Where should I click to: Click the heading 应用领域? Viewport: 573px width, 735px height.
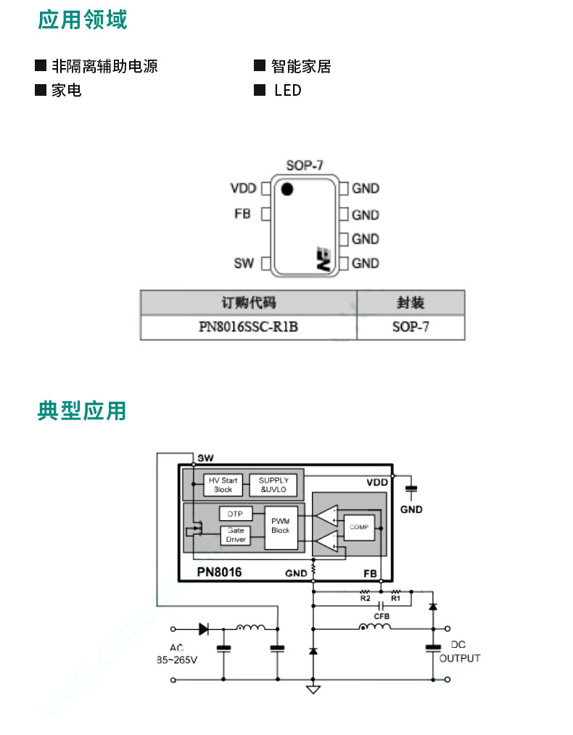point(83,20)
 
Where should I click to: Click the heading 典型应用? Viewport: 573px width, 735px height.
point(82,411)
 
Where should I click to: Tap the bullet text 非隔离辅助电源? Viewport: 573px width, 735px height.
point(105,66)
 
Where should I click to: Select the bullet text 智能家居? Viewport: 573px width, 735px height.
point(301,66)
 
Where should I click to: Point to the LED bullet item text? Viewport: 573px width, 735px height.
point(288,90)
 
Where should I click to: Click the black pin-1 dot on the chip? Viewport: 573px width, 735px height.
point(287,189)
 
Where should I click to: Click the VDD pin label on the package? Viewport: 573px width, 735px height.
point(244,189)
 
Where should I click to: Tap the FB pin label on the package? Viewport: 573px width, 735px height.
point(243,214)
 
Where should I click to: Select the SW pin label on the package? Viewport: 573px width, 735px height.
point(244,263)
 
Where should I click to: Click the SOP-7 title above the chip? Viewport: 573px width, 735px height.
point(305,165)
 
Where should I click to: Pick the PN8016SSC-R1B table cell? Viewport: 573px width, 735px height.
point(248,327)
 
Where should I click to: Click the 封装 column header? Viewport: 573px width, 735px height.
point(411,303)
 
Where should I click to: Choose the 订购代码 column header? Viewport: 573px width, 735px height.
point(248,303)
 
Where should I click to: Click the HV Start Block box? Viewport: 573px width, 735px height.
point(223,485)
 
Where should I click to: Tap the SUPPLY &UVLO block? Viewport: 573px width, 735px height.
point(273,485)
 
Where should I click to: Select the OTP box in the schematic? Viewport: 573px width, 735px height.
point(236,514)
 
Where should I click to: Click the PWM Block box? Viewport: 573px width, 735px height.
point(281,527)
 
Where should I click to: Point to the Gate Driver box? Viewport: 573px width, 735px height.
point(236,535)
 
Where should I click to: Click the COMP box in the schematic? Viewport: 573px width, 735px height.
point(359,527)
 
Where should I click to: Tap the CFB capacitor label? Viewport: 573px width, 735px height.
point(382,617)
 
